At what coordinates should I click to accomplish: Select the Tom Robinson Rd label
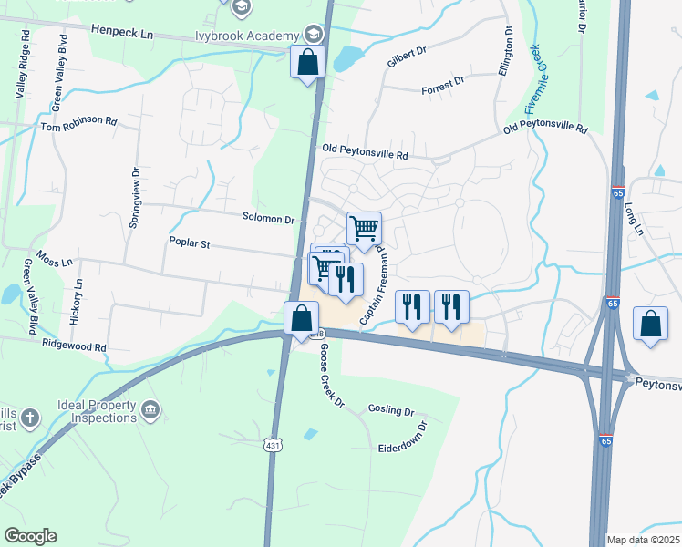click(x=79, y=122)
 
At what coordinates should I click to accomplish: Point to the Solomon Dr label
click(x=268, y=219)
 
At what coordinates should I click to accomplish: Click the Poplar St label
click(x=189, y=243)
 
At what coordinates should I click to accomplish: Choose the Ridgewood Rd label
click(x=74, y=347)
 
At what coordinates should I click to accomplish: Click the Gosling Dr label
click(x=391, y=409)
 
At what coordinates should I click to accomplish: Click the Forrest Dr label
click(x=443, y=89)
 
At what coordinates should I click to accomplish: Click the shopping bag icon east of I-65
click(x=650, y=325)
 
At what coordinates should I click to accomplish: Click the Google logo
click(x=30, y=536)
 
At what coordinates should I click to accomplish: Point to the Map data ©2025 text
click(x=643, y=540)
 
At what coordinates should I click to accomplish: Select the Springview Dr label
click(x=135, y=197)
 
